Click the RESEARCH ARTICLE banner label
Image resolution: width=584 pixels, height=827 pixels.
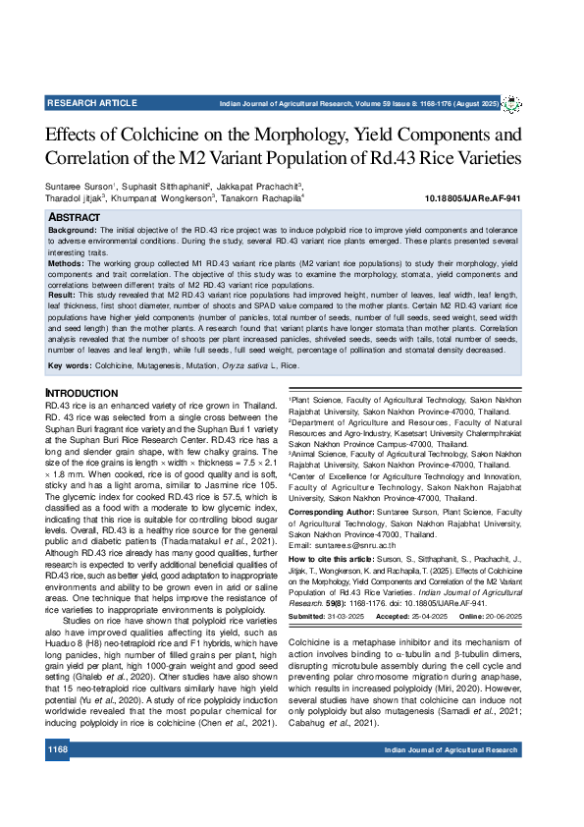92,102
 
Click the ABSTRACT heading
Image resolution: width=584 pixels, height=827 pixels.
74,216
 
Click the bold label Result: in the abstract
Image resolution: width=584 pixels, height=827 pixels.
62,294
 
